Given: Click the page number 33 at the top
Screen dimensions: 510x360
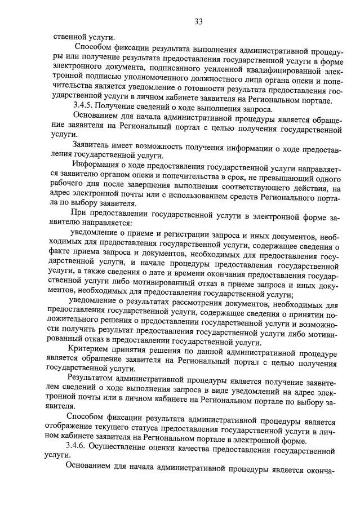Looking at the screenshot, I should pos(198,21).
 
